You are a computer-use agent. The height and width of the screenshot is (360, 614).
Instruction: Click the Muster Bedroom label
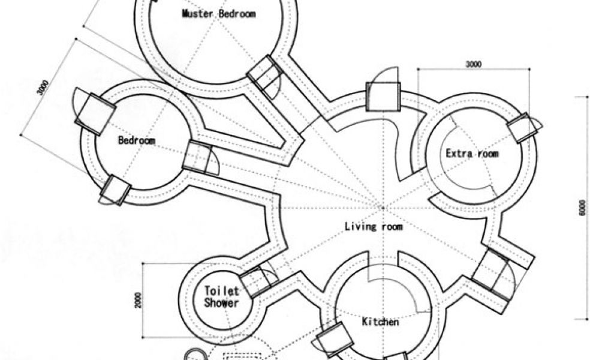(218, 14)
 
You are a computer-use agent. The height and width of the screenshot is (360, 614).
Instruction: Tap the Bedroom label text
(136, 141)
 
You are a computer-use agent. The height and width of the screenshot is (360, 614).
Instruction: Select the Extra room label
(472, 154)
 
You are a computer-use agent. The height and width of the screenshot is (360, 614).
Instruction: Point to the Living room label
(374, 227)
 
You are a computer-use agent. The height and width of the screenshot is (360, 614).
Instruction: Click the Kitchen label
(380, 322)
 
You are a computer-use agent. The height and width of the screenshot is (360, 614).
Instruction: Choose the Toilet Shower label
(221, 297)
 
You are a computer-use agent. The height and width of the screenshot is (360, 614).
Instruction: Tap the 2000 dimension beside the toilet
(139, 300)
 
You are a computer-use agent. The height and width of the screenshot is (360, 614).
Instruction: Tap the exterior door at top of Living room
(383, 96)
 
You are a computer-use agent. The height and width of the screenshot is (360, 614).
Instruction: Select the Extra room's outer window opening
(522, 128)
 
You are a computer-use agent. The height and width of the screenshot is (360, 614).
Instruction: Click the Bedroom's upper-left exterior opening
(95, 113)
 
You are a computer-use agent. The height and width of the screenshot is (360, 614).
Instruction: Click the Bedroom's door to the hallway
(198, 157)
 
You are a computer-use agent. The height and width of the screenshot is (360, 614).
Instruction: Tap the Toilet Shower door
(257, 281)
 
